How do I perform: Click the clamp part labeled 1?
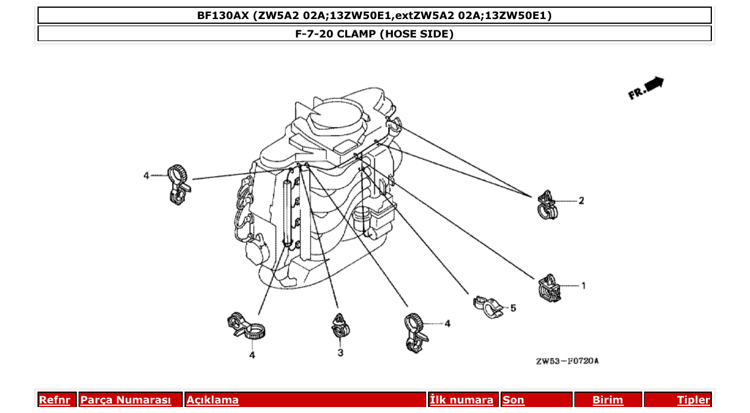pyautogui.click(x=549, y=288)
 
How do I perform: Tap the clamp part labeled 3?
pyautogui.click(x=340, y=326)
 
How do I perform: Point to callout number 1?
pyautogui.click(x=583, y=286)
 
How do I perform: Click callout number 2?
pyautogui.click(x=582, y=201)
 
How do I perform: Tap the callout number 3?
pyautogui.click(x=340, y=353)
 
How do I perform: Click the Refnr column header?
pyautogui.click(x=54, y=401)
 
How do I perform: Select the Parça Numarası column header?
pyautogui.click(x=126, y=401)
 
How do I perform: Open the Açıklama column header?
pyautogui.click(x=212, y=401)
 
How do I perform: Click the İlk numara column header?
pyautogui.click(x=462, y=401)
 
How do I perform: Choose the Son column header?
pyautogui.click(x=514, y=401)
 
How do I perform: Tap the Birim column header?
pyautogui.click(x=607, y=401)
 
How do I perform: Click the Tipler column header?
pyautogui.click(x=693, y=401)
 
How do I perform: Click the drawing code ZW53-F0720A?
pyautogui.click(x=567, y=361)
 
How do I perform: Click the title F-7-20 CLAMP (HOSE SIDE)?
pyautogui.click(x=374, y=34)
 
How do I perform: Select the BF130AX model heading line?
pyautogui.click(x=374, y=15)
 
